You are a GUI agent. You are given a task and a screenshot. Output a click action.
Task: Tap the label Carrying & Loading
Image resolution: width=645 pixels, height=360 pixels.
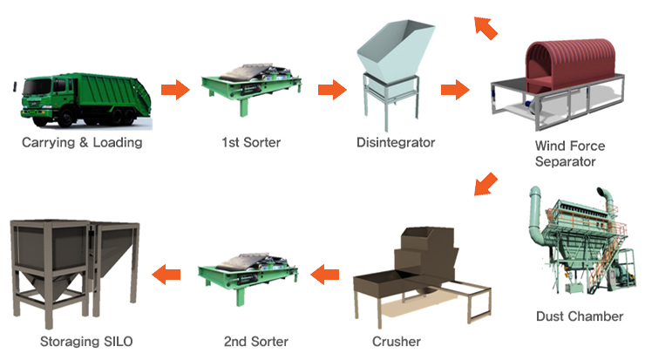[81, 141]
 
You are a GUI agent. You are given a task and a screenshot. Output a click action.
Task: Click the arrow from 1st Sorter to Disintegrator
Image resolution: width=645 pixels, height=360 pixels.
[331, 89]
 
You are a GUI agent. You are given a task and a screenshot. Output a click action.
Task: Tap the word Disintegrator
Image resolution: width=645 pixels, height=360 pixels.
[396, 141]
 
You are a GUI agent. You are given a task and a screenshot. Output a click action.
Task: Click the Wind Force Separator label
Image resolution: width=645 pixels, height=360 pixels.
[571, 153]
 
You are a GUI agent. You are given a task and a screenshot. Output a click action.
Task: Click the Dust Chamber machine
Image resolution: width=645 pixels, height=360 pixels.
[579, 244]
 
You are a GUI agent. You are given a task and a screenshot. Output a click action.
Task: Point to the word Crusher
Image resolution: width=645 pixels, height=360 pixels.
[397, 341]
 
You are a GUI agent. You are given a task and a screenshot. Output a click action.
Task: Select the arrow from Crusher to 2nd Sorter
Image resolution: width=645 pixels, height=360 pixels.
[324, 274]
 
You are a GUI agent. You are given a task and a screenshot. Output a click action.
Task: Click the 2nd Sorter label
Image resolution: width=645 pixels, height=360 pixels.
[255, 341]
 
